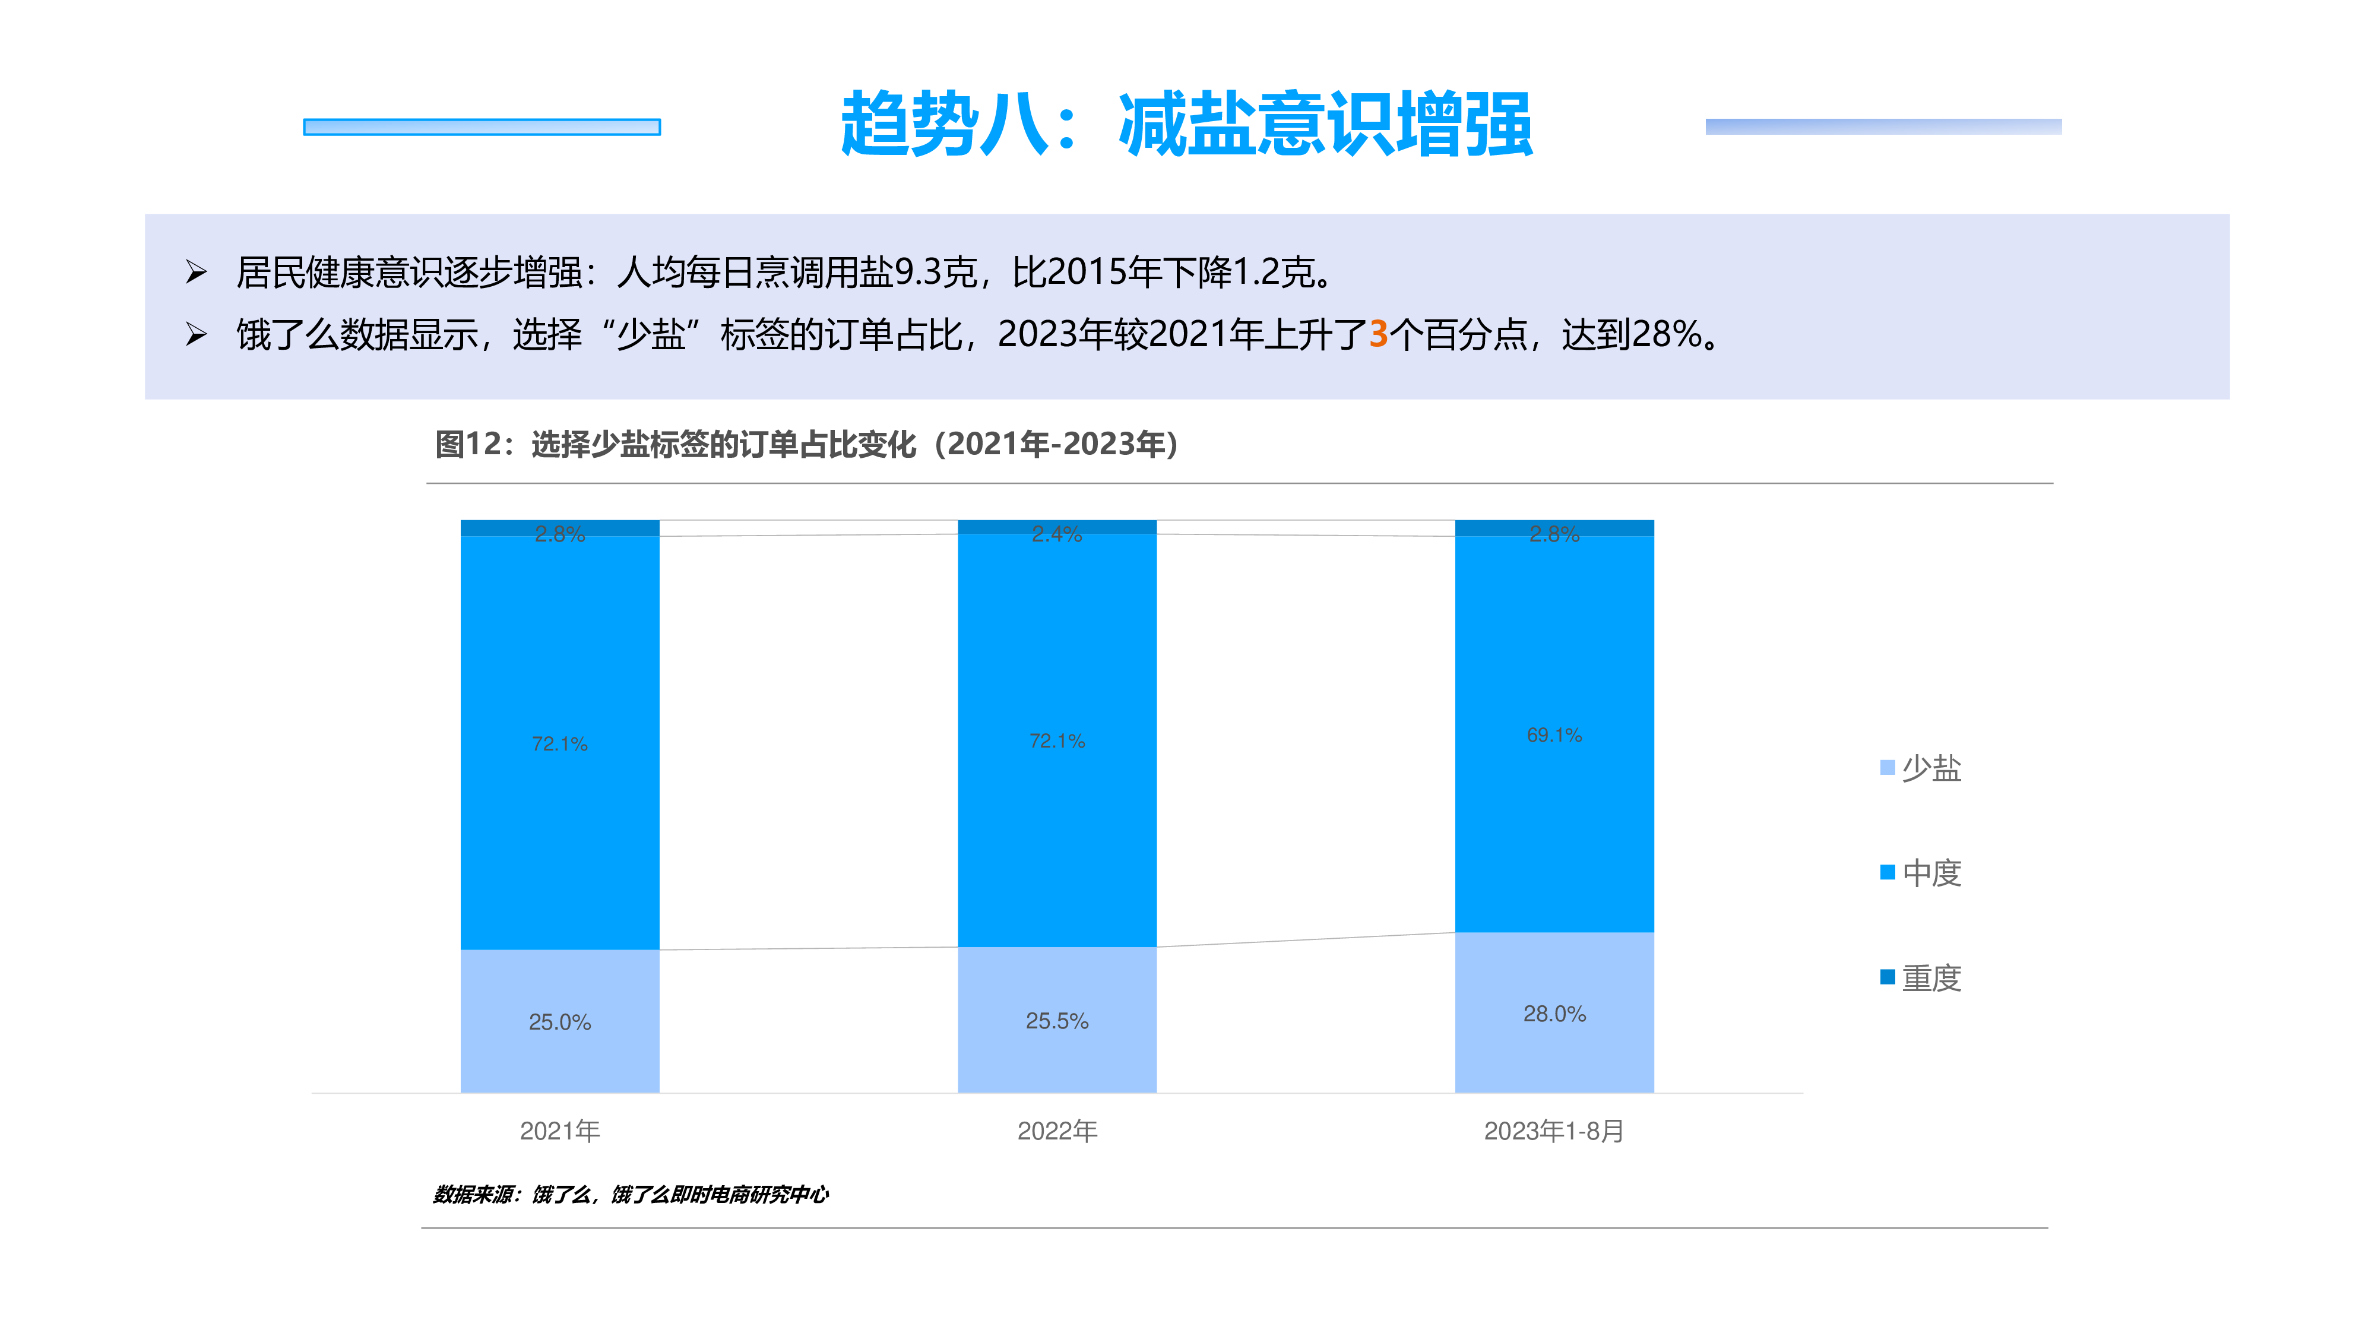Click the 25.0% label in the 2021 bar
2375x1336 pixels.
click(560, 1021)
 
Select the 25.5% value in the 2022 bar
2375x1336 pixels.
click(1057, 1021)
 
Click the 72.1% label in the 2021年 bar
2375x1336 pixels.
click(560, 743)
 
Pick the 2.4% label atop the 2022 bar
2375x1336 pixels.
click(1057, 534)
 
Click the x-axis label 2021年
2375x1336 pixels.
click(560, 1131)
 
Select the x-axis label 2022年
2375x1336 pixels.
click(1057, 1131)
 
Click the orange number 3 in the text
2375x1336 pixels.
click(1377, 334)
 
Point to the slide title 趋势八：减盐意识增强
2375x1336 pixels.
click(1186, 125)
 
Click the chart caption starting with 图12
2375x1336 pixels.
click(807, 444)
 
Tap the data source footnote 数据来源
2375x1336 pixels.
click(631, 1194)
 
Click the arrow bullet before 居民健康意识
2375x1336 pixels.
click(195, 272)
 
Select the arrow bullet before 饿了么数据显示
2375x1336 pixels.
click(195, 334)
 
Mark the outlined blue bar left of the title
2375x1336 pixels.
click(482, 126)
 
